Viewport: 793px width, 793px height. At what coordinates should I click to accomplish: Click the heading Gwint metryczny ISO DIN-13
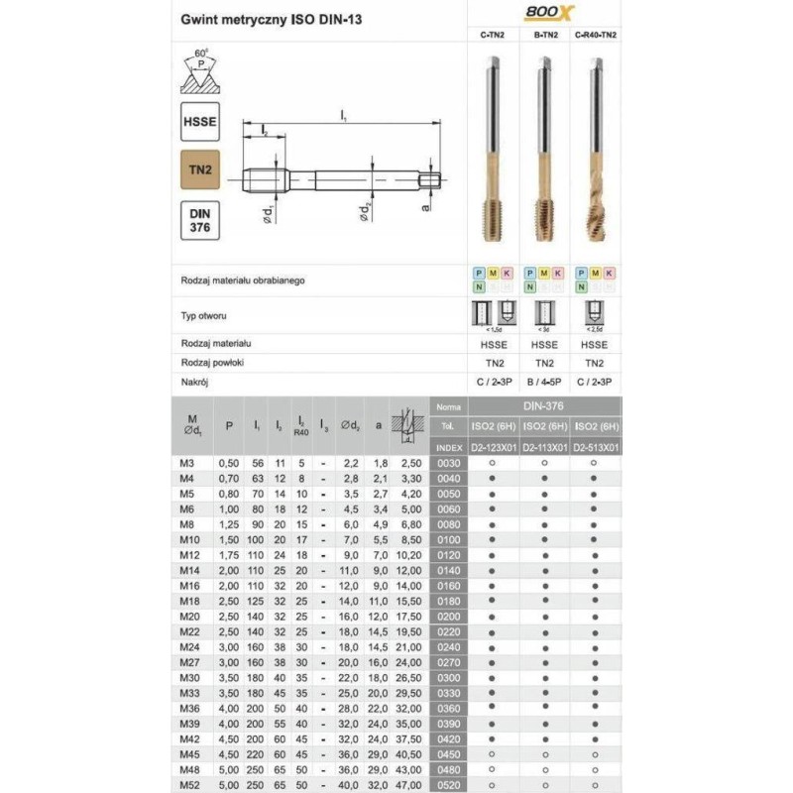pyautogui.click(x=263, y=19)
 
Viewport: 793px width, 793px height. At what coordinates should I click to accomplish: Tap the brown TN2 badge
pyautogui.click(x=199, y=170)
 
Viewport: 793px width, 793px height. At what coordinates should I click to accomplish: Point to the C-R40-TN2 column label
pyautogui.click(x=594, y=35)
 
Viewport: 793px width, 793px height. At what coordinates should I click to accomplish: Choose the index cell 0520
pyautogui.click(x=449, y=785)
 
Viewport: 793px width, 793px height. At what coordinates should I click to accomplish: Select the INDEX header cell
pyautogui.click(x=449, y=447)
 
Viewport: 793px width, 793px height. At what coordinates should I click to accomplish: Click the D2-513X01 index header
pyautogui.click(x=594, y=447)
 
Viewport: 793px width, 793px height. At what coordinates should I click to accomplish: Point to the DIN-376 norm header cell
pyautogui.click(x=544, y=406)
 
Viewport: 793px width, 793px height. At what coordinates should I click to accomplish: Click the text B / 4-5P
pyautogui.click(x=544, y=381)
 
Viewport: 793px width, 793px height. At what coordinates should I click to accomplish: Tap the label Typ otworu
pyautogui.click(x=206, y=315)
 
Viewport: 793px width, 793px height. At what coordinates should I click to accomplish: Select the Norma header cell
pyautogui.click(x=449, y=406)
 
